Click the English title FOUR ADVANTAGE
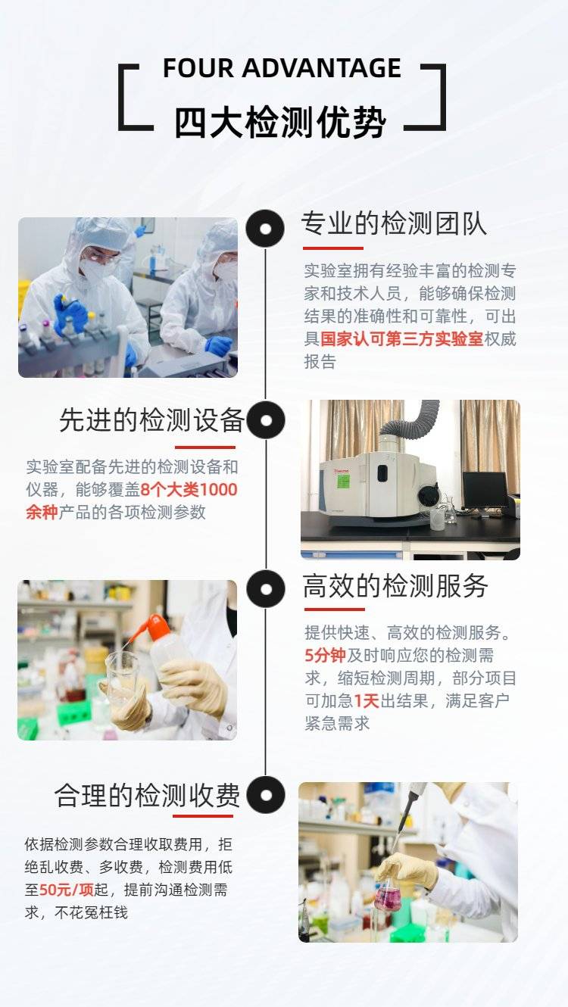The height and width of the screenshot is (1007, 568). tap(282, 68)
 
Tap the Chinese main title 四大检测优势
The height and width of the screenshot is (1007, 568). tap(281, 123)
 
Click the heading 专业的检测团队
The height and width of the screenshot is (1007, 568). tap(394, 223)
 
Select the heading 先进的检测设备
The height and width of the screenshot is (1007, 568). tap(152, 421)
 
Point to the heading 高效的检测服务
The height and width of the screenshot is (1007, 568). tap(396, 586)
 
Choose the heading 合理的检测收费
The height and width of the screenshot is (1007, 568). tap(147, 795)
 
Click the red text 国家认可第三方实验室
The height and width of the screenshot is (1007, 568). tap(402, 339)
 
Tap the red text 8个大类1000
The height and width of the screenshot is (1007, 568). tap(189, 490)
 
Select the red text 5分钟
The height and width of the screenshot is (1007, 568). tap(325, 655)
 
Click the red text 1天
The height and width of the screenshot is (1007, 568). tap(367, 700)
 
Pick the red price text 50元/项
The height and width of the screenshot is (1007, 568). tap(67, 889)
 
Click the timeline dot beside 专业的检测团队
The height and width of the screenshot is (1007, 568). tap(265, 229)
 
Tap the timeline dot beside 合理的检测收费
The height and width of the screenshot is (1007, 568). tap(266, 795)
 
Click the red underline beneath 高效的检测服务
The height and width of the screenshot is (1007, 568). tap(334, 609)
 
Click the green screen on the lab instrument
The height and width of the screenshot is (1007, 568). tap(344, 482)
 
